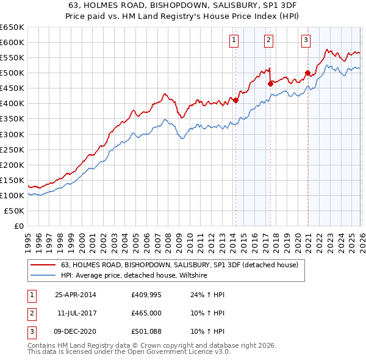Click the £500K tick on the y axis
12,73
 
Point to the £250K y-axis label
12,149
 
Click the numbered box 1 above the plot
234,41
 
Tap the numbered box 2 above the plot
269,41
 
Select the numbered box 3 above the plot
306,41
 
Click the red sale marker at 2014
235,101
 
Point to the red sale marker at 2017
270,84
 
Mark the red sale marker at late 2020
307,73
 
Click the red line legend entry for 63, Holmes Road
179,265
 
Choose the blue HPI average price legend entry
134,276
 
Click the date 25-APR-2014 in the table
76,295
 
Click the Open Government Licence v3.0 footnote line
129,352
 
